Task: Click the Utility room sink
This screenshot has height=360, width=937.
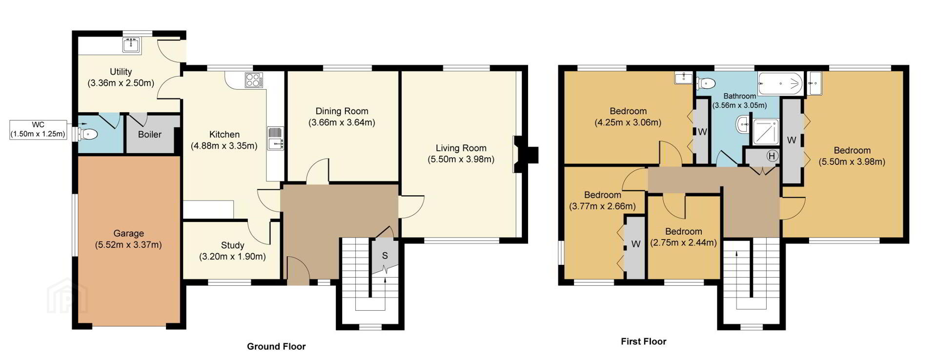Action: pos(131,45)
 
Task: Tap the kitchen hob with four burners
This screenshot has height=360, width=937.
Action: pos(253,80)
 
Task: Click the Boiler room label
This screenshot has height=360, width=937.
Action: pos(149,135)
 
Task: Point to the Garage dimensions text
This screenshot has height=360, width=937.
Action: pos(128,245)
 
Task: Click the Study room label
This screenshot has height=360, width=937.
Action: pos(232,245)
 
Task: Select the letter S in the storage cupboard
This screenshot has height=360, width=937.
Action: pos(385,256)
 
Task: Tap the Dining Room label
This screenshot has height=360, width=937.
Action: pos(342,111)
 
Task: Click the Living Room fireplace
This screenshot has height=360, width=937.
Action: pos(525,155)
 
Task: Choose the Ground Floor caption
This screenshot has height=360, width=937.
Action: pos(276,346)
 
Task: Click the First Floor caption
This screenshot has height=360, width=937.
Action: pos(643,341)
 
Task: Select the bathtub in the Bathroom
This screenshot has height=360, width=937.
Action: pos(780,83)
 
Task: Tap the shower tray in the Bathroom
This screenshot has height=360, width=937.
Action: pos(766,132)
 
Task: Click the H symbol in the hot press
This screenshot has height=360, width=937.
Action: pos(772,156)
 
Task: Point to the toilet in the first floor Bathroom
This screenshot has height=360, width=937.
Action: pos(706,83)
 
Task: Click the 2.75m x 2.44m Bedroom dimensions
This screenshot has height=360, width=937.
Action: pos(683,242)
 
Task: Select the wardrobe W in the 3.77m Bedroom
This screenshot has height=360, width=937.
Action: pos(635,244)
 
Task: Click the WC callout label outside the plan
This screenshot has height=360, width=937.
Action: pos(38,130)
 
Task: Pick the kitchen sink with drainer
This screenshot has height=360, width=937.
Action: pos(275,138)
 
